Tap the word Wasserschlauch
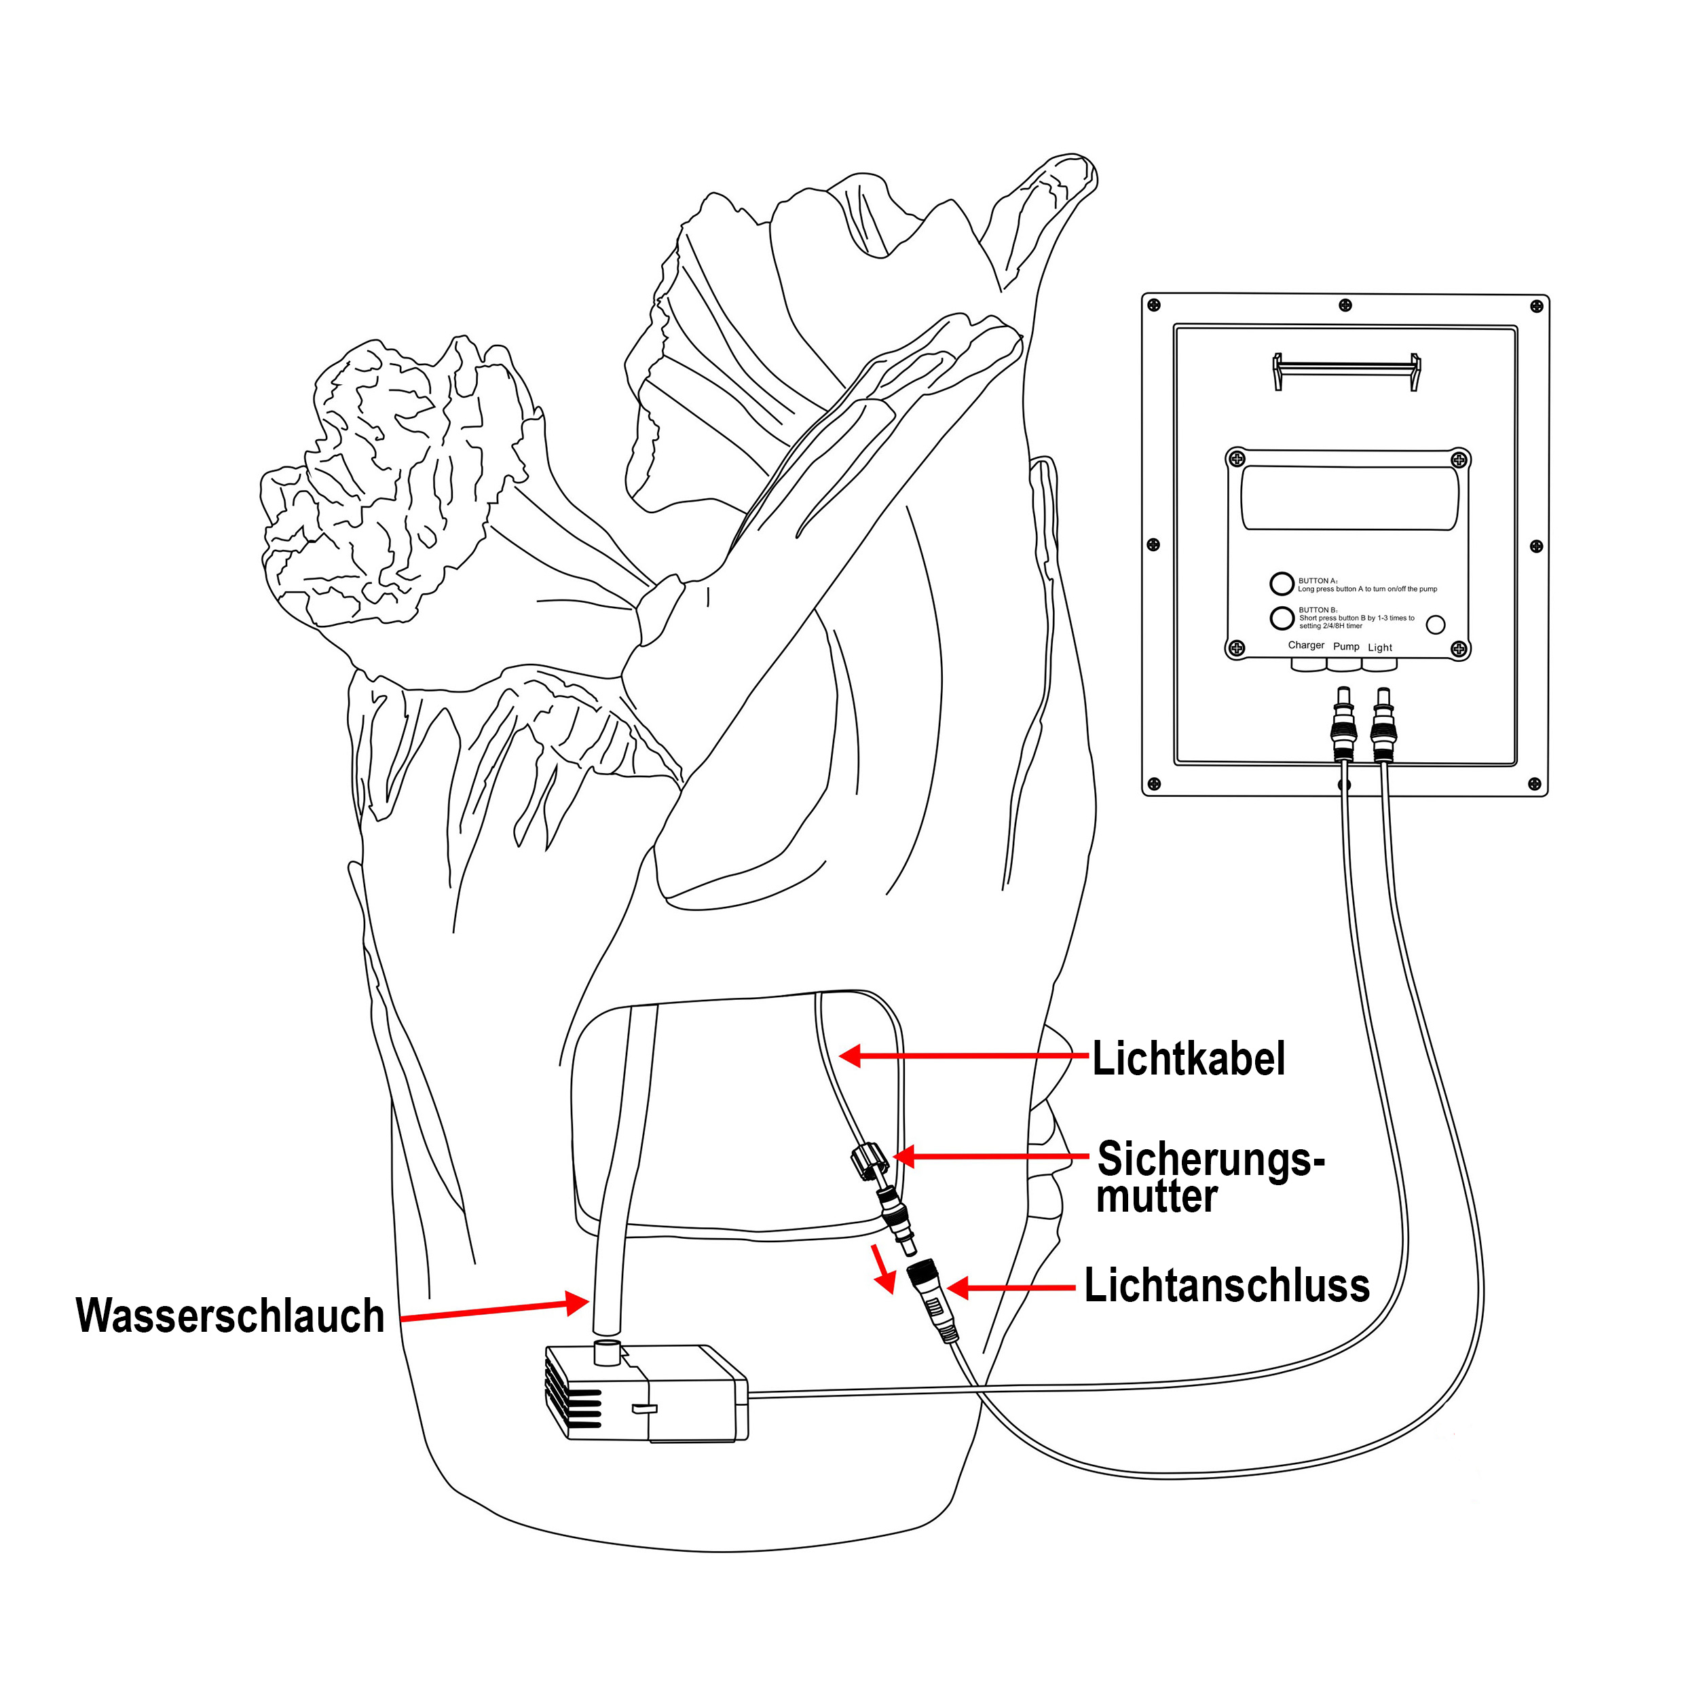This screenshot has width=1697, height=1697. click(230, 1316)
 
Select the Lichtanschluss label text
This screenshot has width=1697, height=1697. click(1226, 1286)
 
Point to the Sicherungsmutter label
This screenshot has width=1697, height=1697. click(1209, 1177)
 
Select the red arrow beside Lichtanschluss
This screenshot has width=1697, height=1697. click(1010, 1288)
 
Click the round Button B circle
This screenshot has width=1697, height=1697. click(1282, 618)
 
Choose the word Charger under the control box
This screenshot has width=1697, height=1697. click(1305, 645)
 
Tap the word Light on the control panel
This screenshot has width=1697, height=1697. click(1380, 648)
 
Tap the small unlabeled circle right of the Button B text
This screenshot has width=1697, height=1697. click(1435, 624)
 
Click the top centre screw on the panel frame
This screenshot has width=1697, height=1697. click(1345, 305)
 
